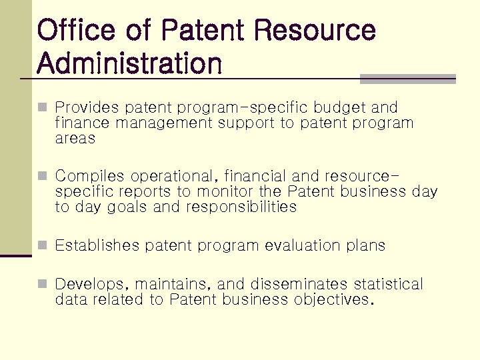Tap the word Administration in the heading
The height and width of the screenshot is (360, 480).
coord(129,64)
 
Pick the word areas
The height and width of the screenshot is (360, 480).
coord(75,139)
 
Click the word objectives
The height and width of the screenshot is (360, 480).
coord(330,300)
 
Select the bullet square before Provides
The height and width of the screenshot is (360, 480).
coord(43,107)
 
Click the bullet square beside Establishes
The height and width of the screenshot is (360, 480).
coord(43,245)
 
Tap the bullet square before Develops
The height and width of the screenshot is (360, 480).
coord(43,285)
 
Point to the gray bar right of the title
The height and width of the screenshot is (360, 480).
coord(407,79)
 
